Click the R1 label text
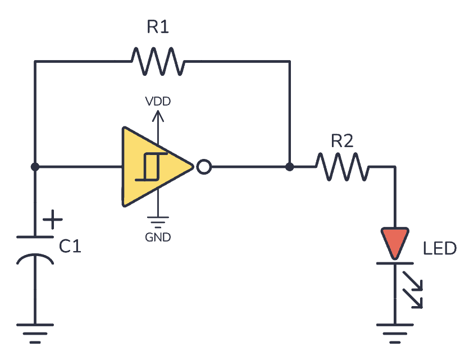[x=158, y=27]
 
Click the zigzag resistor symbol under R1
[x=157, y=61]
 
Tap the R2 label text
[x=342, y=141]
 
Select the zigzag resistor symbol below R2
[x=342, y=167]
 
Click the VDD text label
[x=158, y=102]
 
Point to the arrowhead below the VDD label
[x=158, y=115]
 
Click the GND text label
[x=158, y=238]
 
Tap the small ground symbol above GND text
[x=158, y=222]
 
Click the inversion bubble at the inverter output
[x=204, y=167]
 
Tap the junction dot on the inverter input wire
[x=35, y=167]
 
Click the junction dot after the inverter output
[x=289, y=167]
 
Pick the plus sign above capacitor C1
[x=53, y=220]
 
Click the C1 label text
[x=70, y=246]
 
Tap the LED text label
[x=440, y=248]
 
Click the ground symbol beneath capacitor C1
[x=35, y=331]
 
